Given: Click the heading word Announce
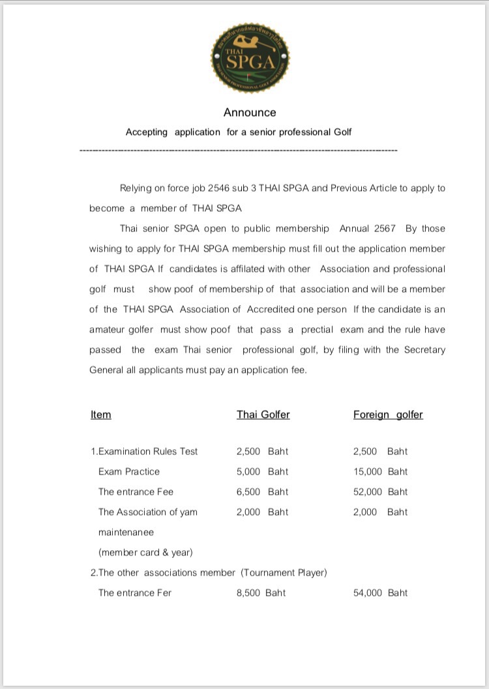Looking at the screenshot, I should coord(250,112).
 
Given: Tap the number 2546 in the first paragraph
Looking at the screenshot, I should coord(220,188).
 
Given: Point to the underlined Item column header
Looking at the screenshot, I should coord(101,415).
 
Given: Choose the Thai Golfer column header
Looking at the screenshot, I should coord(263,415).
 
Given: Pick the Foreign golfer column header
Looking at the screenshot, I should coord(388,415).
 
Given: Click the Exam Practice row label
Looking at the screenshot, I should coord(129,471).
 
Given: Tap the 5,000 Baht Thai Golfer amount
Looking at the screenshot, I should coord(262,471).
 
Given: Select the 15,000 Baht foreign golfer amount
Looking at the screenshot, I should coord(380,471).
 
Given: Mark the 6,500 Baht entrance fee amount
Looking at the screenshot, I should coord(262,491).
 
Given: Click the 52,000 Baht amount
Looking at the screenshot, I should coord(380,491).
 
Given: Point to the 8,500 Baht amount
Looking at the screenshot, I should coord(261,593).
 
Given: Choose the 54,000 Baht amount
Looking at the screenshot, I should coord(380,593).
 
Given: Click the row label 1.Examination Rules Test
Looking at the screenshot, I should coord(144,451).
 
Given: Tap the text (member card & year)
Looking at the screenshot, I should coord(145,552).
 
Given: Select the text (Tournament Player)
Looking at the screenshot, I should coord(284,572).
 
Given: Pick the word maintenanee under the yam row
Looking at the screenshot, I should coord(126,532).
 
